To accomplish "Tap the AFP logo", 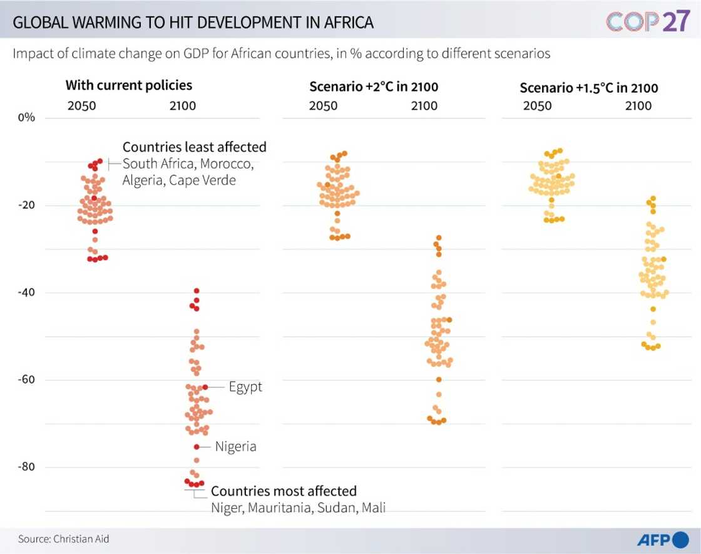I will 663,539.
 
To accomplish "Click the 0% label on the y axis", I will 26,118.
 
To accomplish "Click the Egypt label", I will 245,387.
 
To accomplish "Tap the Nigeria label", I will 235,447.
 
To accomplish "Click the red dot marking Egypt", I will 205,387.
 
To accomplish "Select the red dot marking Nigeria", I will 197,447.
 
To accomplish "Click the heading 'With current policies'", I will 129,85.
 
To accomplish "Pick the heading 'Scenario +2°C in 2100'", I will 374,86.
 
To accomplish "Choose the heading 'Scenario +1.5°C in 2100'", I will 589,88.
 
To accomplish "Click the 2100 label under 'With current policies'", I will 183,106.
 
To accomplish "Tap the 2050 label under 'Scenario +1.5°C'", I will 537,106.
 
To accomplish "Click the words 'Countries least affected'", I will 194,147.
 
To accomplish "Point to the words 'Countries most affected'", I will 284,491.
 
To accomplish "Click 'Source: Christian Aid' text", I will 59,539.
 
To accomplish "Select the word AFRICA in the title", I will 342,23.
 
